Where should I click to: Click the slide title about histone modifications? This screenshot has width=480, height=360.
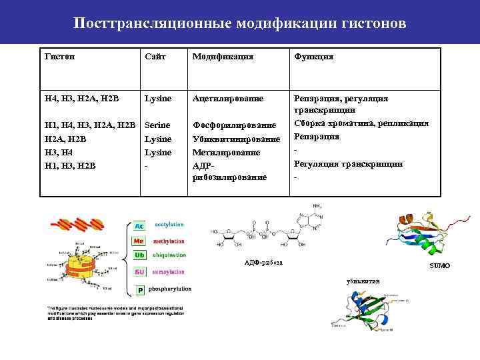[x=239, y=24]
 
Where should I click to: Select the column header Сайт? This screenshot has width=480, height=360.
[x=155, y=57]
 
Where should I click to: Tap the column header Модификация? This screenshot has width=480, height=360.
[x=223, y=57]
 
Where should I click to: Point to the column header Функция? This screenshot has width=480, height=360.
[x=314, y=57]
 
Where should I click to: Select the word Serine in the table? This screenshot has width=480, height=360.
[x=157, y=125]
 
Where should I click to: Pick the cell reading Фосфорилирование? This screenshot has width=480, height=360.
[x=233, y=125]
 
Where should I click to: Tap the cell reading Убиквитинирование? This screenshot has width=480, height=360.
[x=236, y=139]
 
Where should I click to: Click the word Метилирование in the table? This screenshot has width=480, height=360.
[x=225, y=153]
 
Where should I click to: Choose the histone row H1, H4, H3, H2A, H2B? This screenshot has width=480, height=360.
[x=90, y=125]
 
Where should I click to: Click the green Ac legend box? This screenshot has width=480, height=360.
[x=140, y=227]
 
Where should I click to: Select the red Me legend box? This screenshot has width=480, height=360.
[x=140, y=241]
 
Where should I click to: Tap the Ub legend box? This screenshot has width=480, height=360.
[x=140, y=256]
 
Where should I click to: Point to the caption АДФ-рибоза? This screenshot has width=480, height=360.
[x=263, y=263]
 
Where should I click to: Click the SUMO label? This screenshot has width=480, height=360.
[x=439, y=266]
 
